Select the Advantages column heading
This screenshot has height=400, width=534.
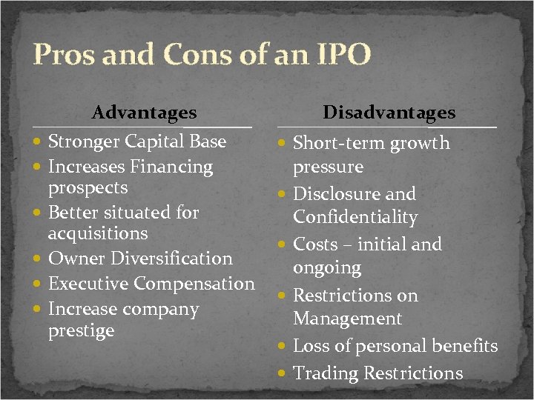(x=144, y=113)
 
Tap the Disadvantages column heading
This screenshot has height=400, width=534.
(x=389, y=113)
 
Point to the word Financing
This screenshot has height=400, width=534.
(x=171, y=167)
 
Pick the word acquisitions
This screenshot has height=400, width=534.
(x=98, y=233)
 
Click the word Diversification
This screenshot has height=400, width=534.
(x=172, y=259)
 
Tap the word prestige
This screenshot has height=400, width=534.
(x=81, y=330)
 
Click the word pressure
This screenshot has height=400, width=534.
(x=328, y=167)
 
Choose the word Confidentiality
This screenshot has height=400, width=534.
(x=355, y=218)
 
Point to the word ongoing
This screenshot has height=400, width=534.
(x=327, y=267)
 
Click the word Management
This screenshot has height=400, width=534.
(x=347, y=319)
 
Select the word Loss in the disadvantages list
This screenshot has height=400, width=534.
(x=312, y=346)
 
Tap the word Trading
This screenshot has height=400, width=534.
(x=324, y=373)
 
